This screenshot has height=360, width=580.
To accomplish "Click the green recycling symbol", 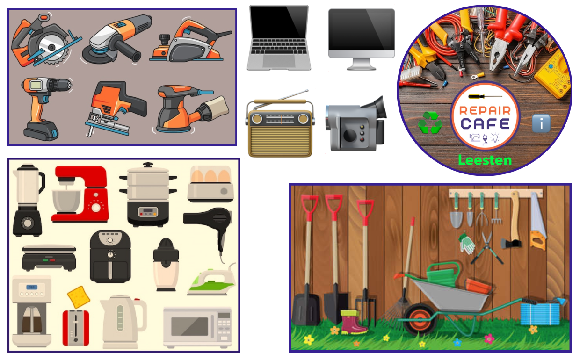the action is [430, 122].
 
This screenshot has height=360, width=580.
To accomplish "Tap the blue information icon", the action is [541, 123].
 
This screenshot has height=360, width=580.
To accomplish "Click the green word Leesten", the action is [485, 160].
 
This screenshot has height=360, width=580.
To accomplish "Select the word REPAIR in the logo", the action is [485, 110].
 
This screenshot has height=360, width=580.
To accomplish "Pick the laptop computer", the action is [279, 38].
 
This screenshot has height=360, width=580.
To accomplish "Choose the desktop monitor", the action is [362, 39].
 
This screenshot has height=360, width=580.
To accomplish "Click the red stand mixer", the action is [80, 194].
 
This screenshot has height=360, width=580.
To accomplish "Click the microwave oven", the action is [197, 327].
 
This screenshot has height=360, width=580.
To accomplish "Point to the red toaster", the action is [76, 328].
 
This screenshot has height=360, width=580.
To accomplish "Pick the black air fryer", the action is [110, 257].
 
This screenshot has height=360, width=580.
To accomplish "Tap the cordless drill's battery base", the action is [41, 131].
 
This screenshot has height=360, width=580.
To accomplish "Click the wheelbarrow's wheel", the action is [420, 319].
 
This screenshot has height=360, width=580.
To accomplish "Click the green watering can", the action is [443, 274].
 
